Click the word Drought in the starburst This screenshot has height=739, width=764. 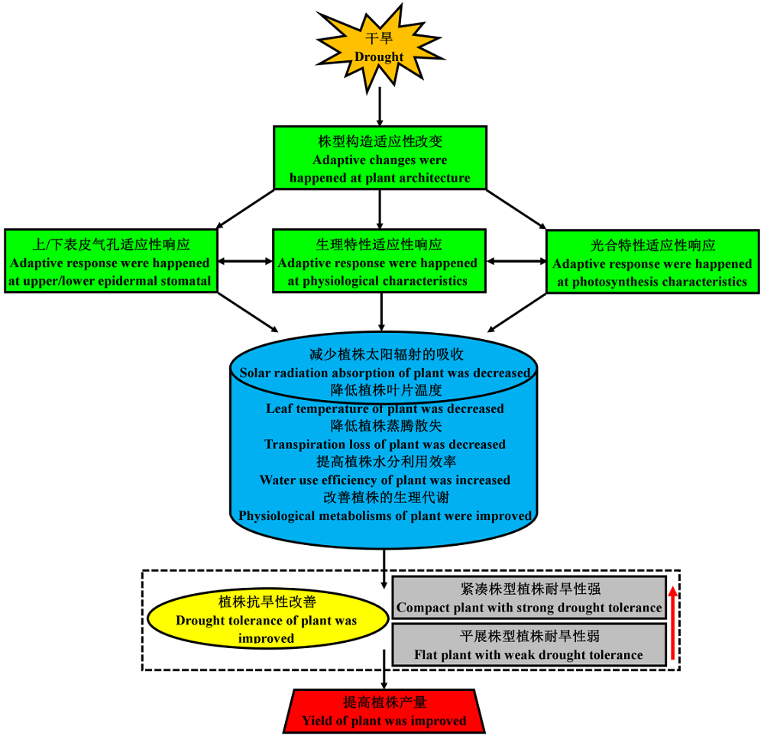pos(380,56)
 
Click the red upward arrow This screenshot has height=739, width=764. pos(672,622)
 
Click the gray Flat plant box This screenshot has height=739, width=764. pos(529,645)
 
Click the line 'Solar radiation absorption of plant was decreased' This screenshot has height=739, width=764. pos(385,373)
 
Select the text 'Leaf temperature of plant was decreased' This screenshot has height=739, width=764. pos(385,408)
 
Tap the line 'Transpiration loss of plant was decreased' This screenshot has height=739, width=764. pos(385,444)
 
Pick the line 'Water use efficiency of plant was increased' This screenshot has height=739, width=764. pos(385,480)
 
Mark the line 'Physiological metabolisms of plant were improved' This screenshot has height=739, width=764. pos(385,516)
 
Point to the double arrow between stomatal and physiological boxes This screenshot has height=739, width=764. pos(245,262)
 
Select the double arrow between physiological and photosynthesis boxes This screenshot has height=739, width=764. pos(516,262)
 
